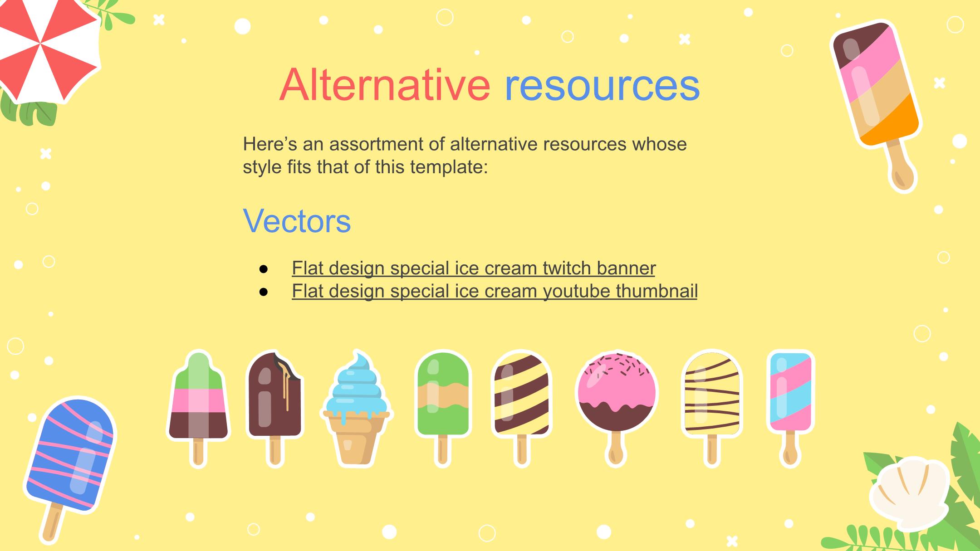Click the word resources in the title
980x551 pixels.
[x=602, y=86]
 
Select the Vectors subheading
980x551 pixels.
[x=297, y=221]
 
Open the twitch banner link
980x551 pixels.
[x=474, y=268]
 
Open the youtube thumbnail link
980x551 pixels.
[x=495, y=291]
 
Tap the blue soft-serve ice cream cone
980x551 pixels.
[x=357, y=408]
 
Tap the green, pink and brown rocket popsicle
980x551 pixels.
[x=199, y=408]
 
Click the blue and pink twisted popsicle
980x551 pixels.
[x=791, y=408]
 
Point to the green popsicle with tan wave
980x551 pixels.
[x=443, y=408]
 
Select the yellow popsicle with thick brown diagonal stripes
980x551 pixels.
[x=521, y=408]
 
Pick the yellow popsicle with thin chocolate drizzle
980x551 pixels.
[x=712, y=408]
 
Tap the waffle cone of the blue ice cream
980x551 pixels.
[x=357, y=439]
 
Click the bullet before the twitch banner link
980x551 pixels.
[x=264, y=269]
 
